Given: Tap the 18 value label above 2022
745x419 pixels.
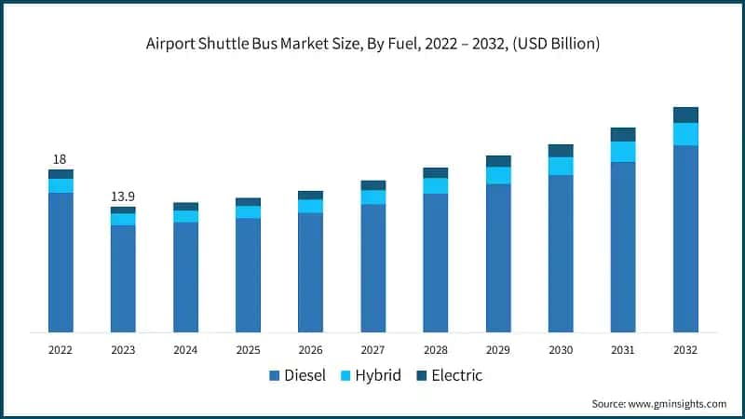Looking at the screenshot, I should tap(60, 159).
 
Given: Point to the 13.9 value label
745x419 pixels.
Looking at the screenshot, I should tap(123, 196).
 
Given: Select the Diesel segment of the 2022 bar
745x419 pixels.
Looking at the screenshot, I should tap(61, 263).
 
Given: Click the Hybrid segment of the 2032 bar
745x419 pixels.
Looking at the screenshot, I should tap(685, 134).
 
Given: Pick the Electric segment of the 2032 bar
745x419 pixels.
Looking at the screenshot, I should tap(685, 115).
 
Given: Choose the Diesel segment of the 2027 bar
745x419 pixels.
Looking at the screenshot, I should tap(372, 268).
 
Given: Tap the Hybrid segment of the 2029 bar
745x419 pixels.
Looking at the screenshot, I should tap(498, 175).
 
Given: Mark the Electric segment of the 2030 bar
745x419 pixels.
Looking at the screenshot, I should tap(561, 151).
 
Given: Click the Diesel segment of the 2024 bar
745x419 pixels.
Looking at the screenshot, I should tap(185, 277).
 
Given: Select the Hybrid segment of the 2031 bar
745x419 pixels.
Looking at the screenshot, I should tap(623, 152).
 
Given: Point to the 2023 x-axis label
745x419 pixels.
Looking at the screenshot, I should tap(123, 350).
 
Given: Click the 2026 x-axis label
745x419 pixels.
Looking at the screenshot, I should tap(310, 350).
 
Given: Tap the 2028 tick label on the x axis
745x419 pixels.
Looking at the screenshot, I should tap(435, 350).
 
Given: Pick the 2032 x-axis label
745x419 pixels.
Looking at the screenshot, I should tap(685, 350).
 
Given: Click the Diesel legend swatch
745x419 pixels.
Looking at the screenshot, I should tap(275, 376).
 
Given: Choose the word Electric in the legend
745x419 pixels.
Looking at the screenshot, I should tap(456, 376).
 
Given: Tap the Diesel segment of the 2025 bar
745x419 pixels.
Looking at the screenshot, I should tap(248, 275).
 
